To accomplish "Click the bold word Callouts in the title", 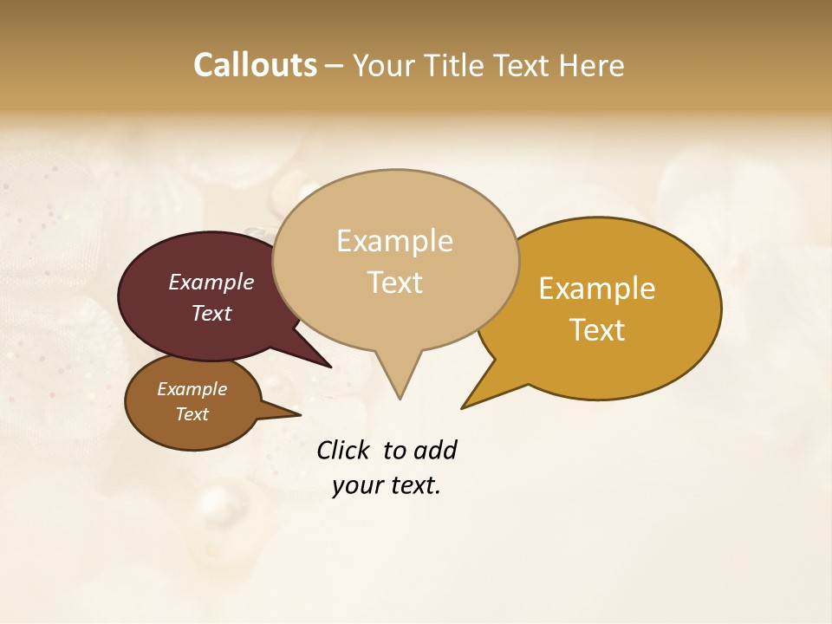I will tap(255, 65).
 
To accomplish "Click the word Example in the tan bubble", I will tap(394, 241).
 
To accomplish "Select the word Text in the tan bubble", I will tap(394, 283).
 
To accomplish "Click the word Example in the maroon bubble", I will tap(211, 282).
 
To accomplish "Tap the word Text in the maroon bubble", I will tap(211, 313).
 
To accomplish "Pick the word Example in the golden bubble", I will tap(597, 289).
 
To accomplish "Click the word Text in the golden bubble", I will tap(597, 330).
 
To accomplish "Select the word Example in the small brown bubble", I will tap(192, 389).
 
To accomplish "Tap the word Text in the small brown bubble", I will tap(192, 414).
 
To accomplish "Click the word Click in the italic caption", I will tap(344, 450).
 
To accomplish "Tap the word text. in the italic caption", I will tap(413, 485).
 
